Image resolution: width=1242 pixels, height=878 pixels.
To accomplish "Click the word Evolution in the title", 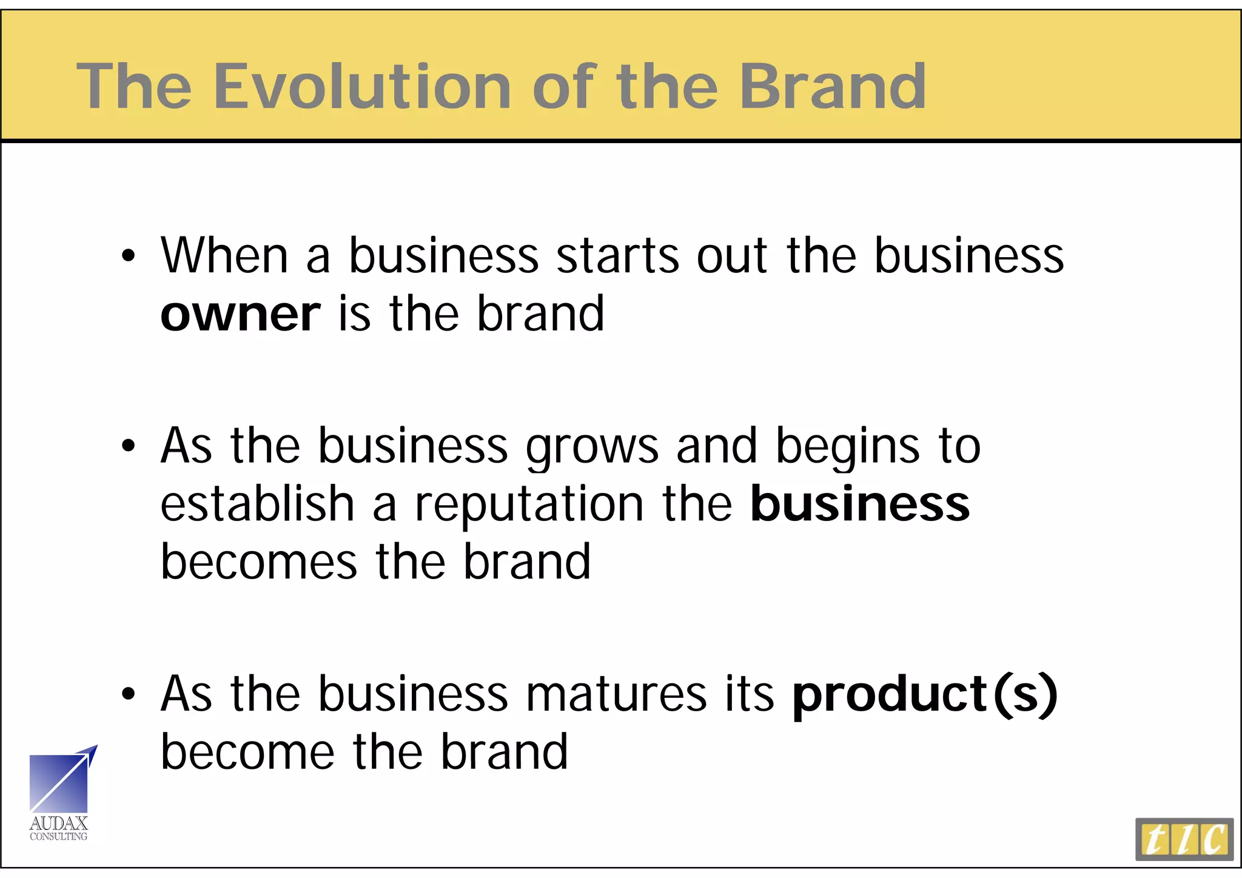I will point(362,87).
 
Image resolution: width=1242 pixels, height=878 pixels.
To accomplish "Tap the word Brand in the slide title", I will point(832,87).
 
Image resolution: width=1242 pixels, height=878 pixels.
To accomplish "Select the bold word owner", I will point(240,314).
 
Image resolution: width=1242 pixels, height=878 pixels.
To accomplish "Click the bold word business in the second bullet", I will point(860,504).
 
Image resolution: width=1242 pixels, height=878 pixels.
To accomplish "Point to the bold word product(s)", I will point(925,694).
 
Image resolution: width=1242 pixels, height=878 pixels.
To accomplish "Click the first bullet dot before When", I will point(128,256).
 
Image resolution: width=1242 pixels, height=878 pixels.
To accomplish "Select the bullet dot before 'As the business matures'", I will point(128,694).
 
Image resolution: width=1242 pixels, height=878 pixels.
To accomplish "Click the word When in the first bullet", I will point(224,256).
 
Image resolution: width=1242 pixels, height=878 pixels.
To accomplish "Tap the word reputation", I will point(529,504).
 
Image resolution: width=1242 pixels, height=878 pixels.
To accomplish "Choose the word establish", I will point(257,504).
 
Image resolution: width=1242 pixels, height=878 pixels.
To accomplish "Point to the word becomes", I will point(259,562).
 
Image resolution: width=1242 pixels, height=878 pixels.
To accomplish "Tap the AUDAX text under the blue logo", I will point(59,823).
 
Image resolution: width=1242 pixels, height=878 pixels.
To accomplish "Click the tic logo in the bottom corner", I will point(1184,839).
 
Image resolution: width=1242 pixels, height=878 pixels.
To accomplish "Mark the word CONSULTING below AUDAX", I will point(59,837).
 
